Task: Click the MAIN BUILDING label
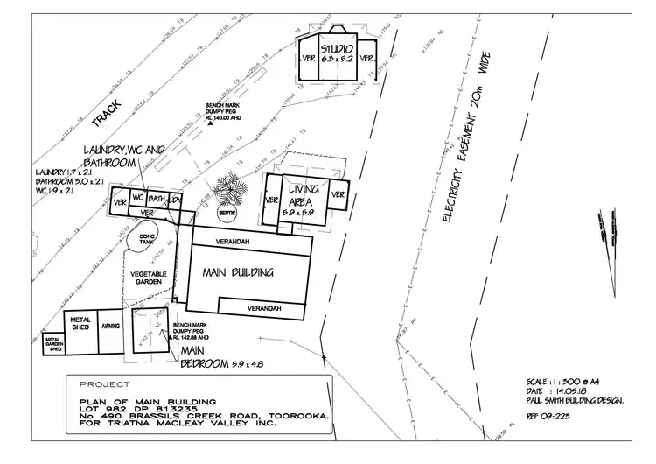point(238,272)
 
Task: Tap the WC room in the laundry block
point(138,197)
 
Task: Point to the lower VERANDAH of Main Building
point(263,308)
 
